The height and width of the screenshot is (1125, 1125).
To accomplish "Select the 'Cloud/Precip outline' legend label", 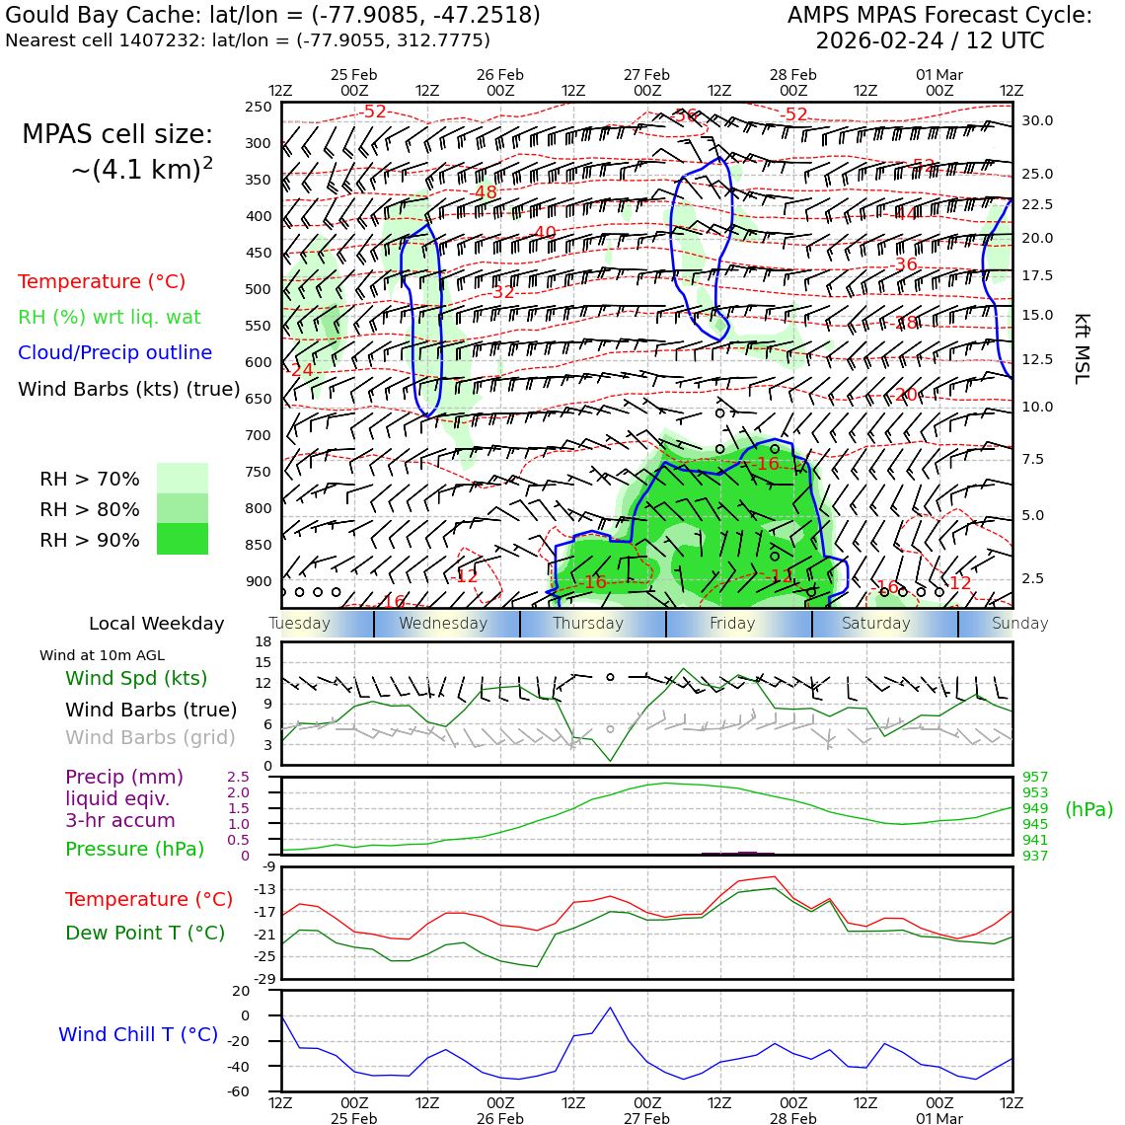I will click(114, 352).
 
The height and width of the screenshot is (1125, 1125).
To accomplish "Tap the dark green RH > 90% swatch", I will click(183, 539).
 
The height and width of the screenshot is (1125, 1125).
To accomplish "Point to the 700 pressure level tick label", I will click(258, 435).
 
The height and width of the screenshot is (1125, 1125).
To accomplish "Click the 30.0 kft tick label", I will click(1037, 120).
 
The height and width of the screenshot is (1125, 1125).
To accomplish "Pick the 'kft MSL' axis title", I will click(1082, 348).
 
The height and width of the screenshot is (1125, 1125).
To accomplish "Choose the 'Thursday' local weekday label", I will click(588, 624).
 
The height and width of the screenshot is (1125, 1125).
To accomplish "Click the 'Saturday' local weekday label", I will click(876, 624).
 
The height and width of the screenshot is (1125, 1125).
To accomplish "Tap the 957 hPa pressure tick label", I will click(1035, 777).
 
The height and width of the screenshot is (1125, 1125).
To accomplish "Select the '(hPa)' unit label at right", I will click(1088, 809).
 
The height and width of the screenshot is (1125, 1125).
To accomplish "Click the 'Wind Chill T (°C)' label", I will click(138, 1034).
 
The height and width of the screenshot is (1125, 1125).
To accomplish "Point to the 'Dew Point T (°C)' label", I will click(145, 933).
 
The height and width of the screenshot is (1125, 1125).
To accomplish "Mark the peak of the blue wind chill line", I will click(610, 1008).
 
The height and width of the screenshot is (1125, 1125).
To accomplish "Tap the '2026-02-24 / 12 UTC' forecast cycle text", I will click(930, 41).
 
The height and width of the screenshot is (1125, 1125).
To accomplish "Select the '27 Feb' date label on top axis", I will click(646, 75).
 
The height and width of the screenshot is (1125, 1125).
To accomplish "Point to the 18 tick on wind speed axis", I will click(262, 642).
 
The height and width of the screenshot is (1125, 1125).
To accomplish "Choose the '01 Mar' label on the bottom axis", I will click(938, 1119).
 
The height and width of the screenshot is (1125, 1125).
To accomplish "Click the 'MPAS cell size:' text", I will click(117, 134).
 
